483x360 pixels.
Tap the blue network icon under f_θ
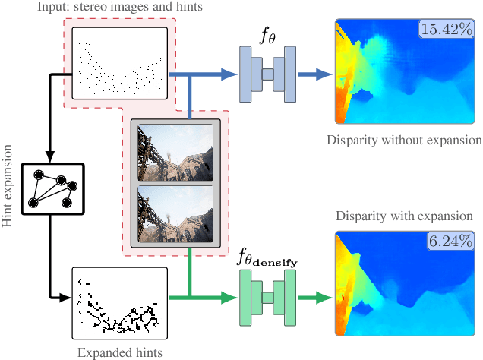click(267, 74)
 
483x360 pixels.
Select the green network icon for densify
click(267, 297)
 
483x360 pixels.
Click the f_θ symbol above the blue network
click(267, 35)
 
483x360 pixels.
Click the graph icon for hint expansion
click(50, 186)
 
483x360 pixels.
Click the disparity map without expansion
click(402, 72)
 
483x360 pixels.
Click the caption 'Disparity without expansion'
click(403, 141)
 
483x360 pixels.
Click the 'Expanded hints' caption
click(119, 352)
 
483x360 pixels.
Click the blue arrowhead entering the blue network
click(229, 74)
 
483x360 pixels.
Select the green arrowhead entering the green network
click(229, 297)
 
